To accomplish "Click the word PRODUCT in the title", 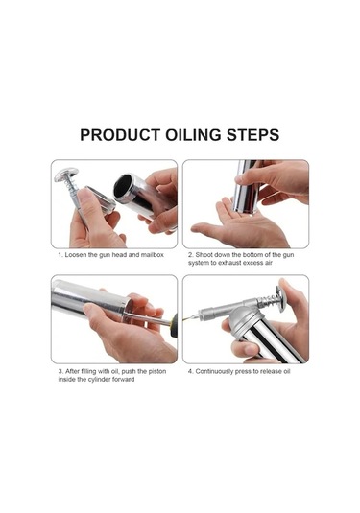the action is pyautogui.click(x=120, y=135).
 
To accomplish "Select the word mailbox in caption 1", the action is pyautogui.click(x=152, y=254).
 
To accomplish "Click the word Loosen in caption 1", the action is pyautogui.click(x=75, y=254).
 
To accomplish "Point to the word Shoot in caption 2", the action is pyautogui.click(x=204, y=254).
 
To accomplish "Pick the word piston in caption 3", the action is pyautogui.click(x=157, y=371).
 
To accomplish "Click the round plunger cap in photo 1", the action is pyautogui.click(x=66, y=175).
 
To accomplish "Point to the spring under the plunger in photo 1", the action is pyautogui.click(x=72, y=186).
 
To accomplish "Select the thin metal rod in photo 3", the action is pyautogui.click(x=148, y=318).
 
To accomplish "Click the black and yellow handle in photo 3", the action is pyautogui.click(x=174, y=325).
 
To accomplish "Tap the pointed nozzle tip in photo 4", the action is pyautogui.click(x=186, y=318).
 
